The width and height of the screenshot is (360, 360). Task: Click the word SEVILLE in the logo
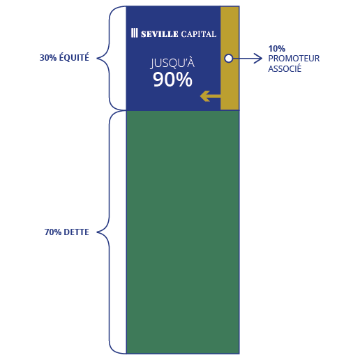pyautogui.click(x=160, y=34)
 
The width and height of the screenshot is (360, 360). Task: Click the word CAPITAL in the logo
pyautogui.click(x=199, y=34)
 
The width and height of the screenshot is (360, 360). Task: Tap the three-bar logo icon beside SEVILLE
pyautogui.click(x=135, y=33)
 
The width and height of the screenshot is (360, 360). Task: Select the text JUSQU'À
pyautogui.click(x=172, y=63)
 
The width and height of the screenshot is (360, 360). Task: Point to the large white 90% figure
pyautogui.click(x=172, y=80)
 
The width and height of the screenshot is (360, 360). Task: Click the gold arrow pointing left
pyautogui.click(x=210, y=96)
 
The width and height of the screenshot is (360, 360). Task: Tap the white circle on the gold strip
pyautogui.click(x=229, y=58)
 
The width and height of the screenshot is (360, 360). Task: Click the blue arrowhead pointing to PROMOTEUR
pyautogui.click(x=258, y=58)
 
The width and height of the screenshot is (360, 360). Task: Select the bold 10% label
pyautogui.click(x=277, y=49)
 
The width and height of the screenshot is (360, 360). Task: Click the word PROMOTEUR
pyautogui.click(x=294, y=59)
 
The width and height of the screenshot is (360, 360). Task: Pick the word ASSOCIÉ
pyautogui.click(x=285, y=68)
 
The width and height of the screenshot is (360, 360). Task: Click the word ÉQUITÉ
pyautogui.click(x=74, y=57)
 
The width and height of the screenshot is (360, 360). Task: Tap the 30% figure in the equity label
pyautogui.click(x=48, y=58)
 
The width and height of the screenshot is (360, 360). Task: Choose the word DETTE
pyautogui.click(x=76, y=232)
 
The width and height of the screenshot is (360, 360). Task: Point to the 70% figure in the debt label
pyautogui.click(x=53, y=232)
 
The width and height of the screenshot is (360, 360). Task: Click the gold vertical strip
pyautogui.click(x=230, y=58)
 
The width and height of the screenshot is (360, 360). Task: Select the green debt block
pyautogui.click(x=183, y=232)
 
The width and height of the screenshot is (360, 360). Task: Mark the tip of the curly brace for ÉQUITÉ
pyautogui.click(x=97, y=58)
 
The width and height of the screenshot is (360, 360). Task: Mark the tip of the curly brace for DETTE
pyautogui.click(x=97, y=232)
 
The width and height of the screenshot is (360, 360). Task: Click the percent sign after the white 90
pyautogui.click(x=183, y=80)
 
